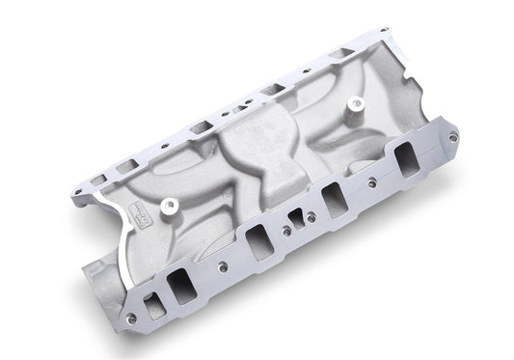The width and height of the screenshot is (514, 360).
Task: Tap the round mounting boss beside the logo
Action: pyautogui.click(x=171, y=206)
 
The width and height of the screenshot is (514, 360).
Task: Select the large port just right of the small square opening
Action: pyautogui.click(x=334, y=199)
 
